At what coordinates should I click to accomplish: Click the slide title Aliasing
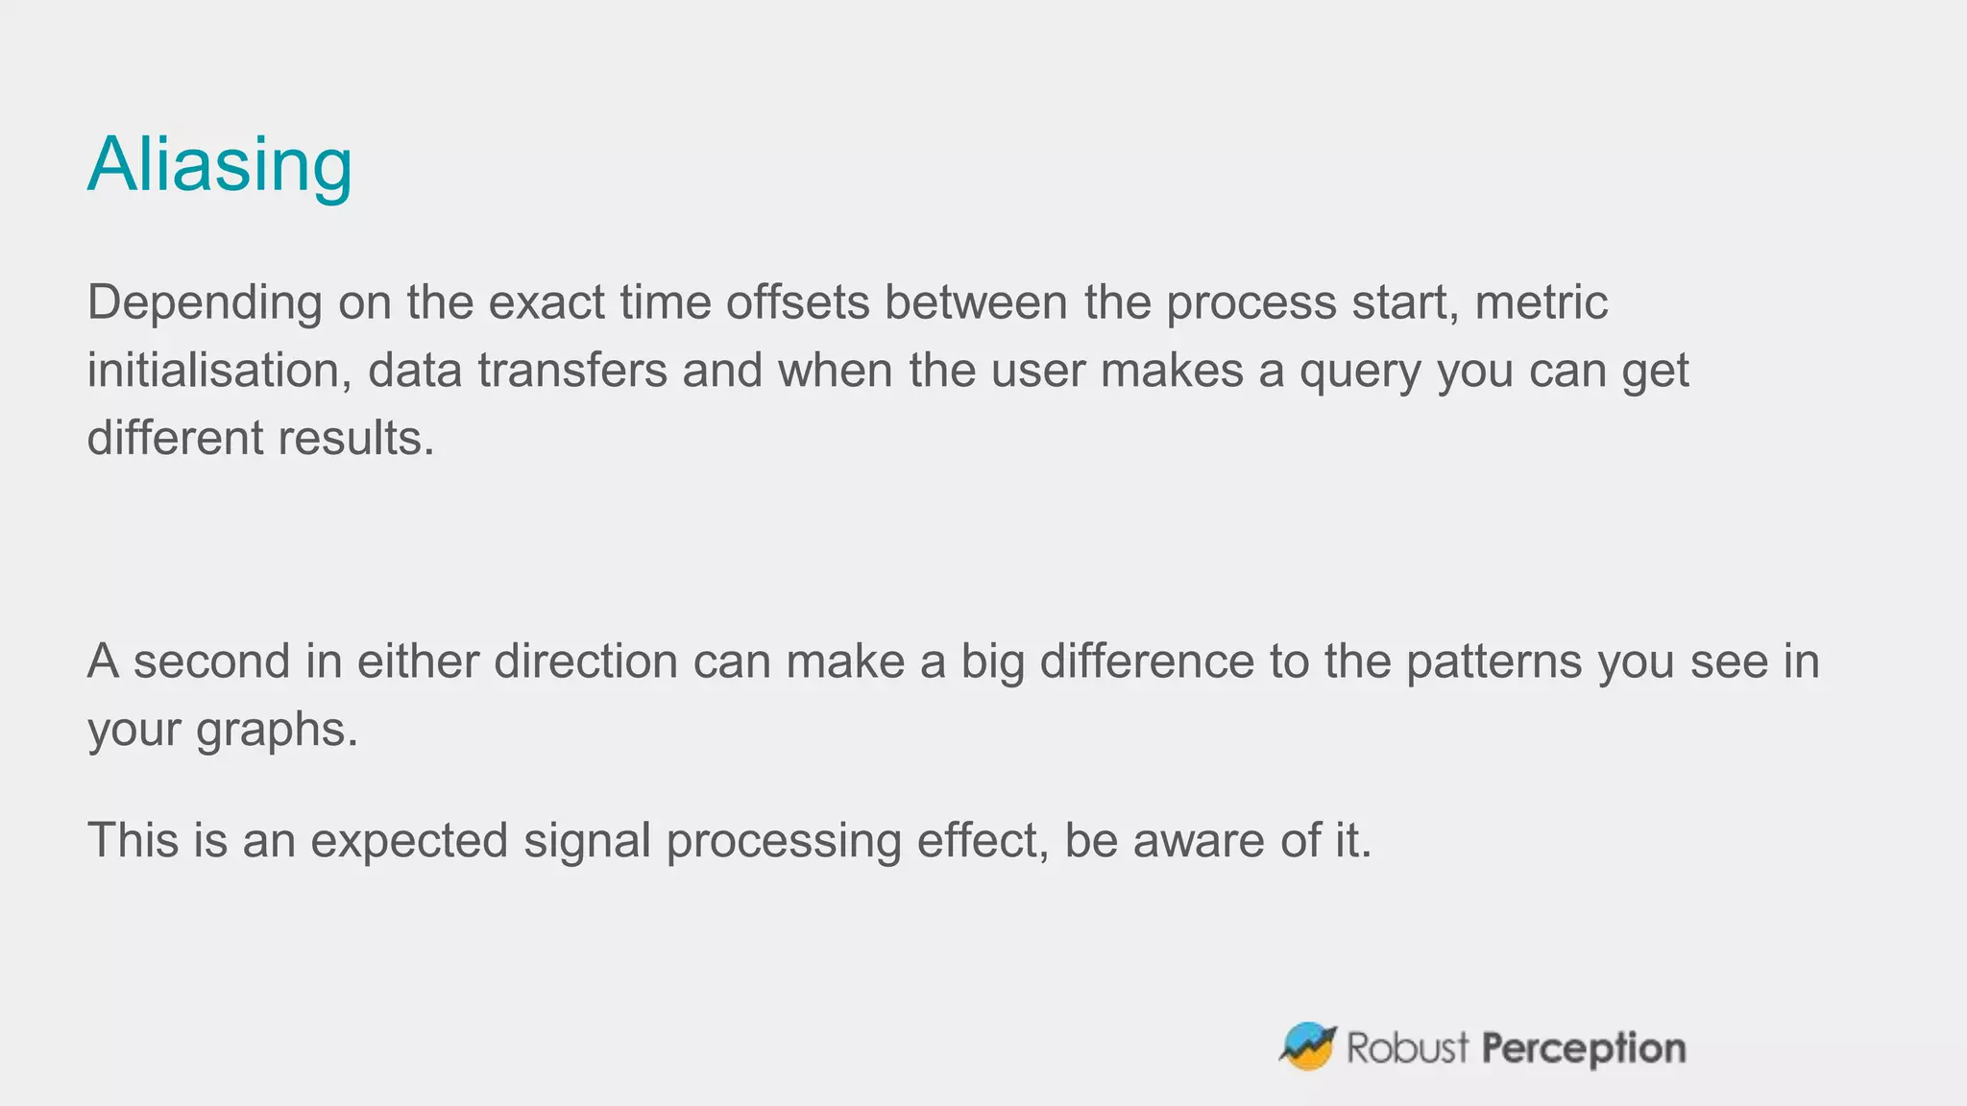(220, 165)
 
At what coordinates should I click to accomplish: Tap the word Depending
(205, 303)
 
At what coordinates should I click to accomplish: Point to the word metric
(1541, 303)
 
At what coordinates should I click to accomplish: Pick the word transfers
(571, 371)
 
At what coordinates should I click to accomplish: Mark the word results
(356, 439)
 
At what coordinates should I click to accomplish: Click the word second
(211, 662)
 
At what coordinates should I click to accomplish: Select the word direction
(585, 662)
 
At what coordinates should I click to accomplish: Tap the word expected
(409, 842)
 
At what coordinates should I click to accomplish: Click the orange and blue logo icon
(1308, 1046)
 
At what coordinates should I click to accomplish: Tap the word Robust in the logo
(1407, 1047)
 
